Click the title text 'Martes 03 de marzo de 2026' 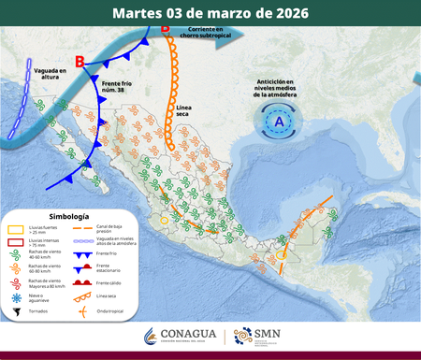pyautogui.click(x=210, y=13)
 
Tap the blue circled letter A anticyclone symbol pyautogui.click(x=278, y=121)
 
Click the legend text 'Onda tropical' pyautogui.click(x=111, y=311)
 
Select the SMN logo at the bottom pyautogui.click(x=254, y=336)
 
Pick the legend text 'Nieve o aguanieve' pyautogui.click(x=42, y=298)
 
